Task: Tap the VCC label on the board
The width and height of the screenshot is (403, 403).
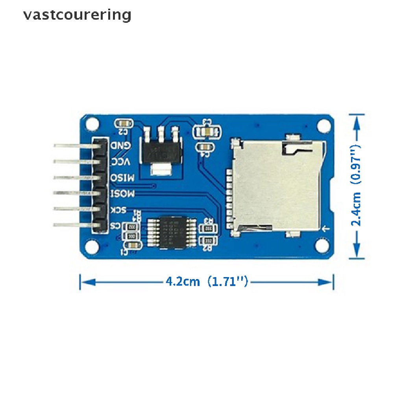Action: [x=120, y=161]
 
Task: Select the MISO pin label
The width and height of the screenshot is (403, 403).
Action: [x=123, y=177]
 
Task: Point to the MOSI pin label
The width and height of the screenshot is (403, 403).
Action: [x=123, y=193]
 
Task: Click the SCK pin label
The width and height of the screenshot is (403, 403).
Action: [x=118, y=209]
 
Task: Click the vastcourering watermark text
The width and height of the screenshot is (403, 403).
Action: [x=77, y=15]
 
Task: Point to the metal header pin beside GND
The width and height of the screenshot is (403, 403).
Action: [x=75, y=145]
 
